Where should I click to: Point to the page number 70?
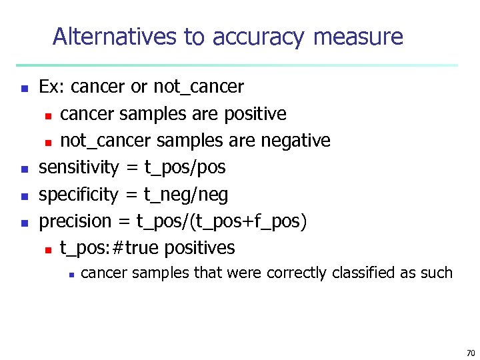pyautogui.click(x=469, y=352)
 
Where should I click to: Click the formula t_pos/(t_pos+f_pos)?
pyautogui.click(x=221, y=221)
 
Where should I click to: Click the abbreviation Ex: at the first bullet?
pyautogui.click(x=52, y=87)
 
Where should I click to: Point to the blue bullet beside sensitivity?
pyautogui.click(x=24, y=169)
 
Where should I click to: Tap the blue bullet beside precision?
pyautogui.click(x=24, y=223)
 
